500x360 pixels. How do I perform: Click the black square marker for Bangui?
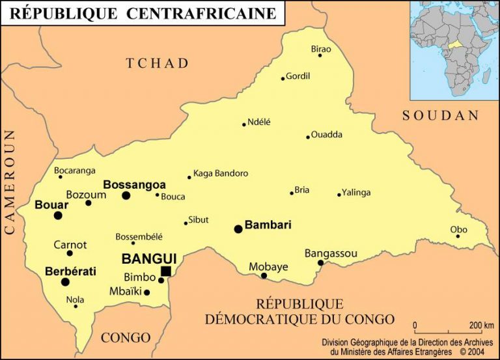166,271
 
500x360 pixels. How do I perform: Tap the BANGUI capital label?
149,259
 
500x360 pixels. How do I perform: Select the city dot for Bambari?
238,228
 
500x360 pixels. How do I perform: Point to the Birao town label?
321,49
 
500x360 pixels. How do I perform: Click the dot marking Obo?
458,236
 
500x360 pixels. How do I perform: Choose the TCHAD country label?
158,63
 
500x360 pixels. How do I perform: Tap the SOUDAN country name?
441,116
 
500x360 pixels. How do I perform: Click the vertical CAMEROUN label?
10,182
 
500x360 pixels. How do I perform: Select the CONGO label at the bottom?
126,338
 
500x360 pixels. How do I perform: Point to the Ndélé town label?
259,121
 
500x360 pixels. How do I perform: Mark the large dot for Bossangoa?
126,195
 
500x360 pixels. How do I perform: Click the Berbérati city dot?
65,282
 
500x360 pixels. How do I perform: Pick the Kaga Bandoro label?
221,173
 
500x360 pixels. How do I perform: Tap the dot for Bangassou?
320,263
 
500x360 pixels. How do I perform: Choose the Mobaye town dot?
264,275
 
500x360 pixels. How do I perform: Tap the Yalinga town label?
356,192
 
